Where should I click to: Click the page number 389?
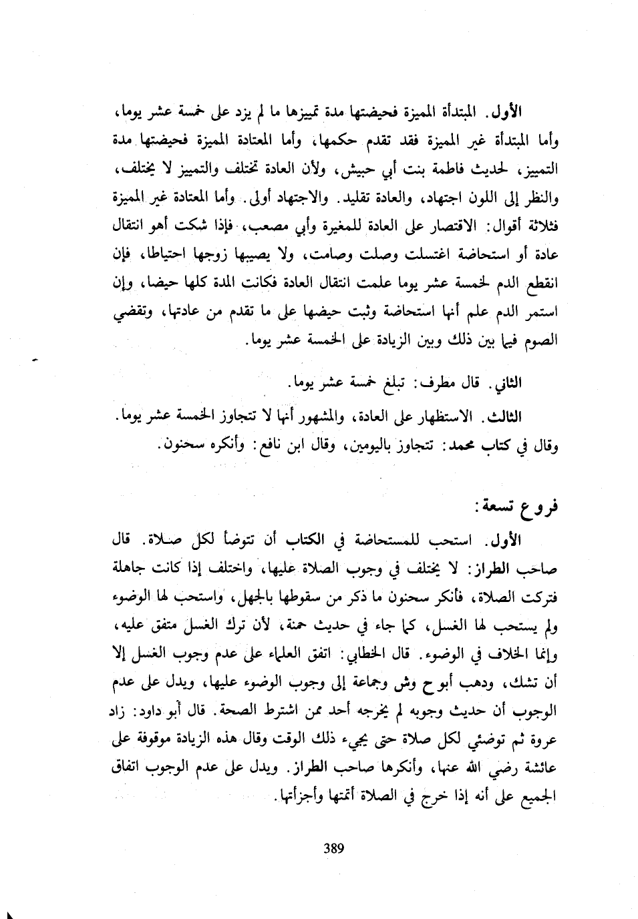click(333, 848)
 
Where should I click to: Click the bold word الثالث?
click(505, 416)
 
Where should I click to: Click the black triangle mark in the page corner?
click(10, 913)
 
